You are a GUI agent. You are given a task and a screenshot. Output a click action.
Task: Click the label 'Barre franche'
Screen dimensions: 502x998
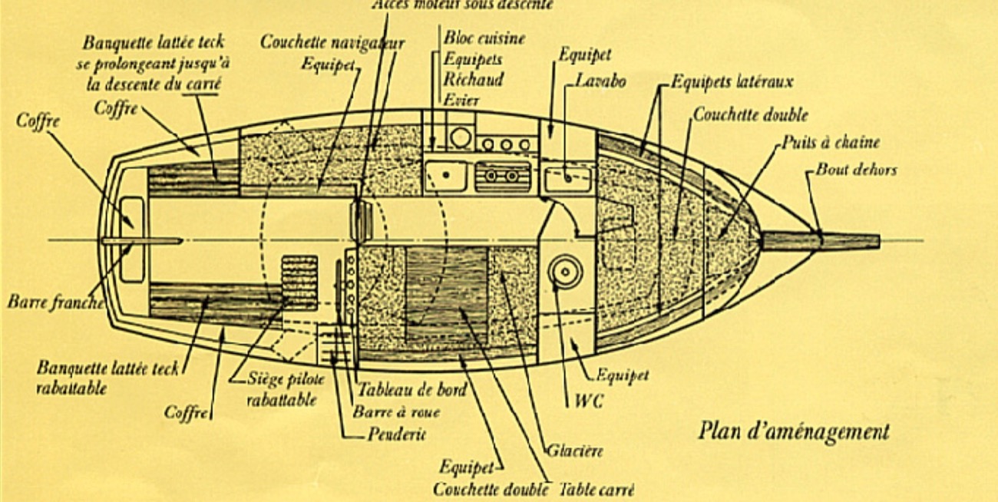tap(55, 302)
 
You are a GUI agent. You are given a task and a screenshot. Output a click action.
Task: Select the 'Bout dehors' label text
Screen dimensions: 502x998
tap(855, 170)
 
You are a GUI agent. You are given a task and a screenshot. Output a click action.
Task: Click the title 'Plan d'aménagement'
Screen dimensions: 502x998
tap(794, 431)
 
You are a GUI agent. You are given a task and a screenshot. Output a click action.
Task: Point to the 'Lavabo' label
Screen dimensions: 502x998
tap(601, 81)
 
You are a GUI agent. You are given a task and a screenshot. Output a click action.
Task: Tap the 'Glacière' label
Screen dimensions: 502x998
tap(574, 451)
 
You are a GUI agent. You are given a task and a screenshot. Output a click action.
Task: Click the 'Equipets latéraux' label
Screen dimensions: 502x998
tap(732, 81)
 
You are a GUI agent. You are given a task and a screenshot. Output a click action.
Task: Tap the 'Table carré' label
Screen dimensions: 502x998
tap(596, 489)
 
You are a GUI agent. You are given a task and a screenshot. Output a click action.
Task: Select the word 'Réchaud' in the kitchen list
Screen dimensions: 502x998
tap(474, 78)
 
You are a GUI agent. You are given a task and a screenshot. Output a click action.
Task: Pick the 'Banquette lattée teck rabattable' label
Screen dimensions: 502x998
tap(107, 377)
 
